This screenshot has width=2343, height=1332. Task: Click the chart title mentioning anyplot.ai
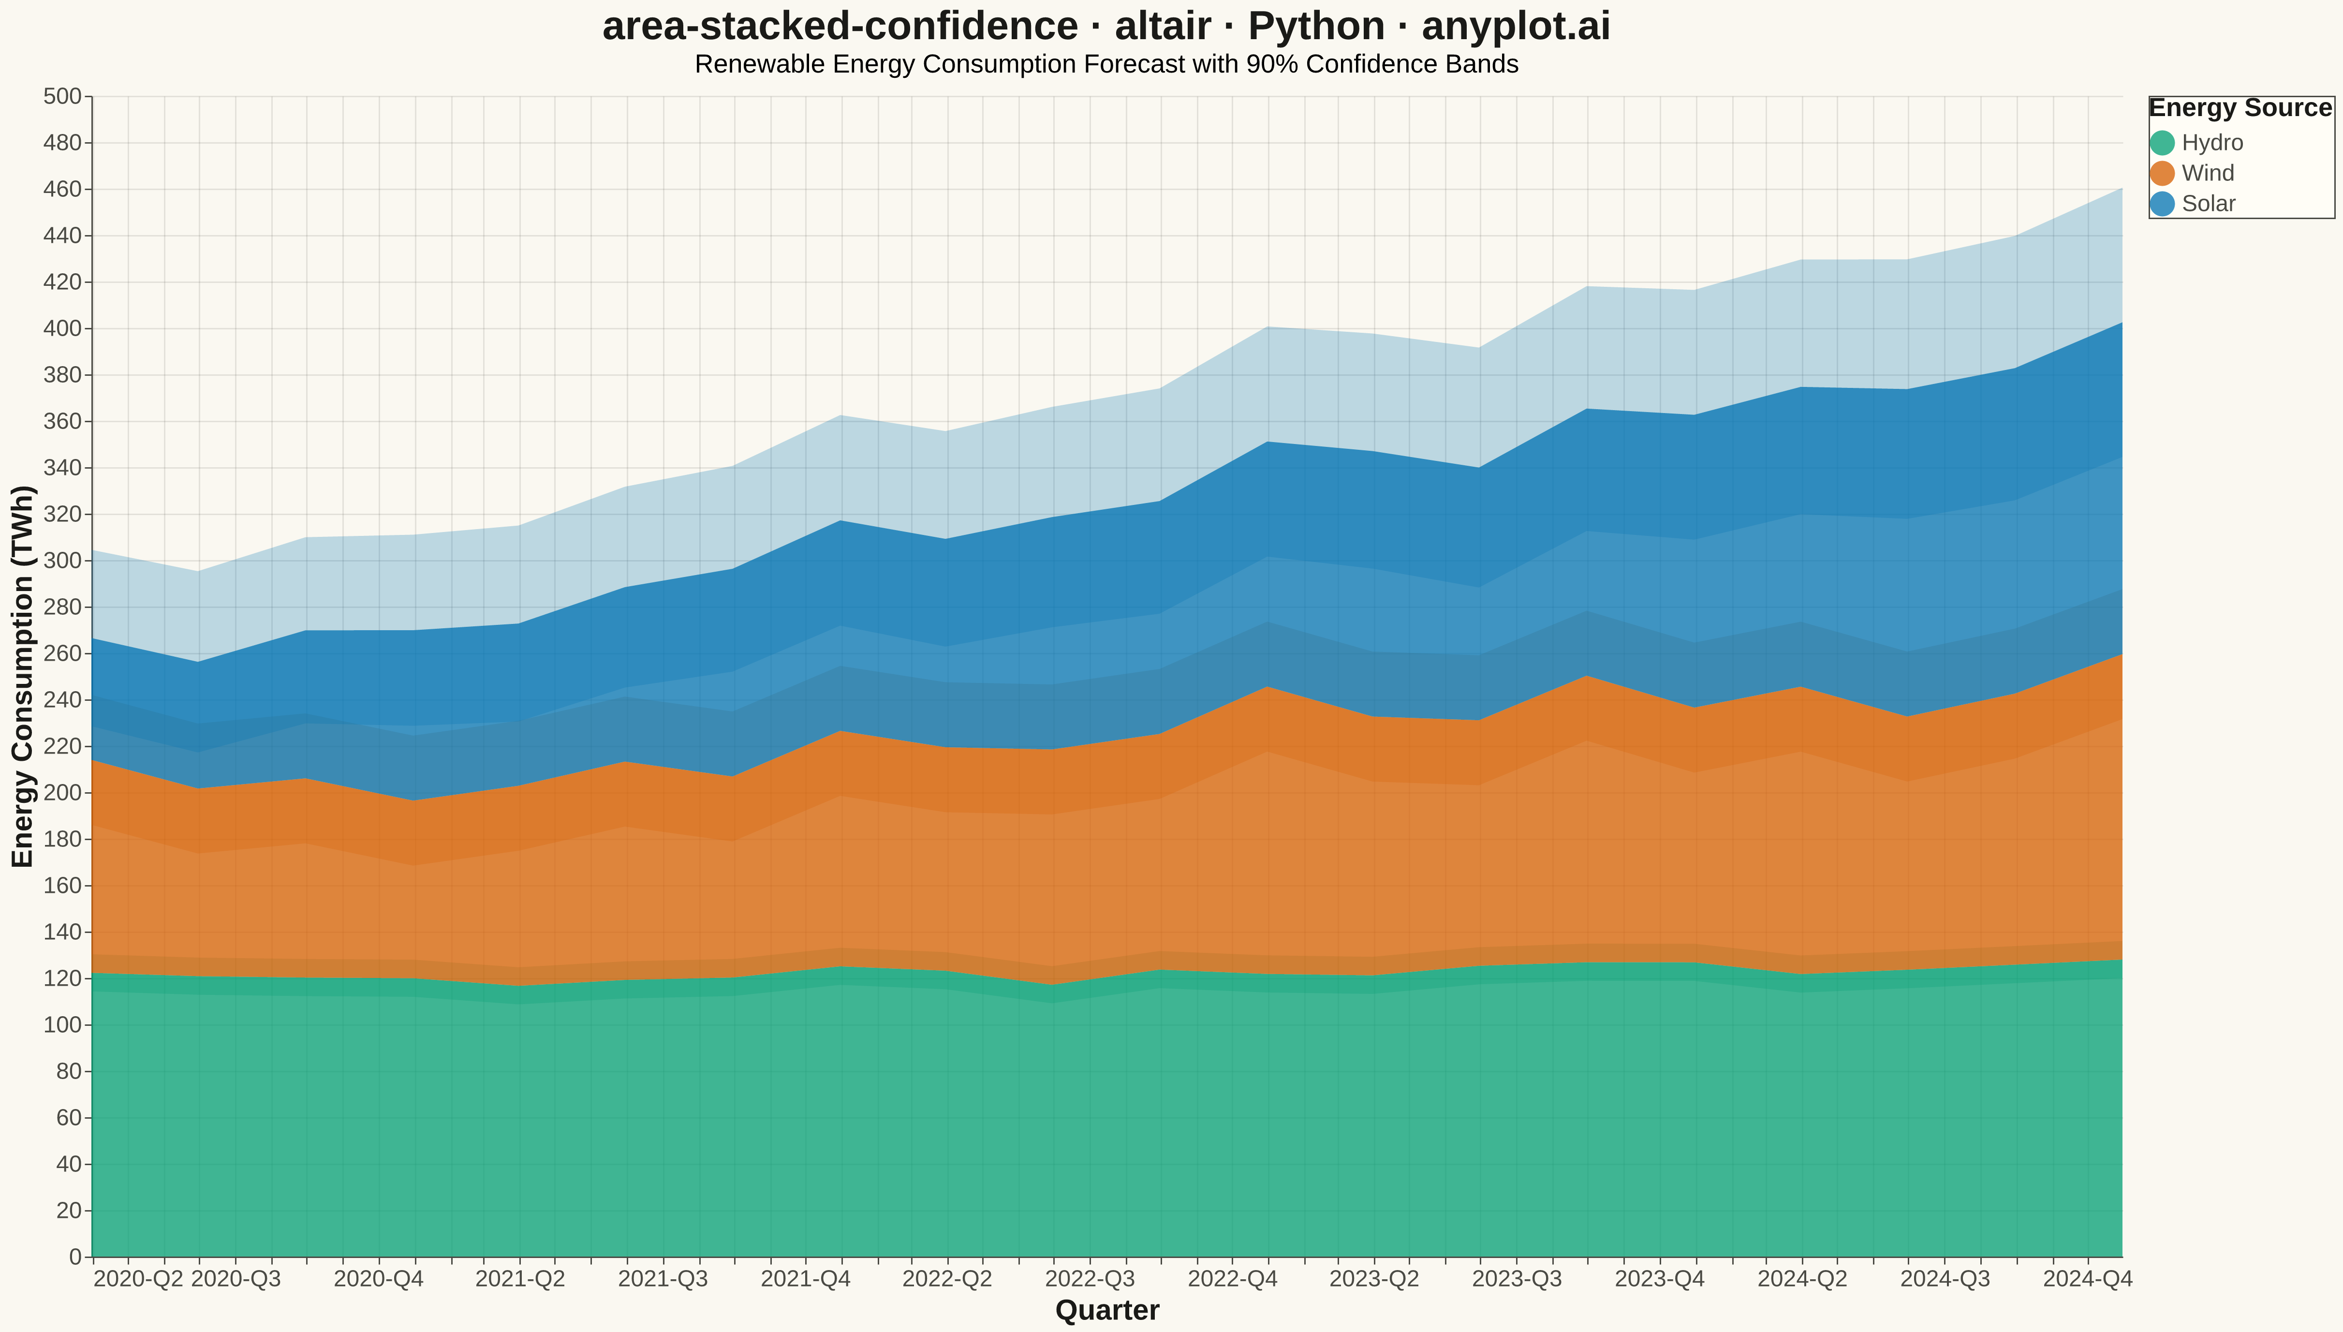click(x=1106, y=27)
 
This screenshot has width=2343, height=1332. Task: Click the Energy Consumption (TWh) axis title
click(x=23, y=676)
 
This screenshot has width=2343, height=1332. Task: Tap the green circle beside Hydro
click(x=2162, y=143)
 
